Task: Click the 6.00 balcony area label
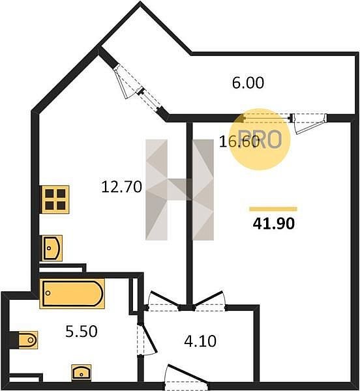pos(248,83)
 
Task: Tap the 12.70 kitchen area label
pos(121,186)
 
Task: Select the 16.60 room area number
pos(239,142)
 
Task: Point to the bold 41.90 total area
pos(274,223)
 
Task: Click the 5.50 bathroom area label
pos(82,332)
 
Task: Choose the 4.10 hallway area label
pos(200,341)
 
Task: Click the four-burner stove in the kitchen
pos(55,199)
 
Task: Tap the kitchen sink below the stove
pos(52,248)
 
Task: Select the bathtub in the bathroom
pos(72,293)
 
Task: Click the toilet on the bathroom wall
pos(28,340)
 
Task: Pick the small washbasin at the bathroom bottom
pos(82,373)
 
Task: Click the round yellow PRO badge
pos(260,139)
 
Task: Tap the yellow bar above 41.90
pos(273,209)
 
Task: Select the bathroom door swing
pos(147,340)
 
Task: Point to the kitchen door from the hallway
pos(162,301)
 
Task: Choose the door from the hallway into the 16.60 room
pos(210,301)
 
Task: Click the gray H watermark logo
pos(179,190)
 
